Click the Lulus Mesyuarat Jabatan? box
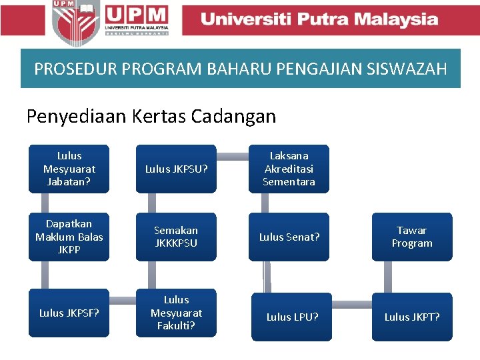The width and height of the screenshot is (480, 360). click(x=69, y=169)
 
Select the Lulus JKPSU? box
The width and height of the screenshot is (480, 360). click(x=176, y=169)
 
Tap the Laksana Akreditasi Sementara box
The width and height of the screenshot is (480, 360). click(x=289, y=169)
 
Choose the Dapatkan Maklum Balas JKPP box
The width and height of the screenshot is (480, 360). click(x=69, y=237)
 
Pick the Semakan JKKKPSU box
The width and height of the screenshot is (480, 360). click(x=176, y=237)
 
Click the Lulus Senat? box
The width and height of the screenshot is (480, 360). click(x=289, y=237)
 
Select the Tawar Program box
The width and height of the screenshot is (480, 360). click(x=412, y=237)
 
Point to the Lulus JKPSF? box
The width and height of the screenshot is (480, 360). click(x=69, y=313)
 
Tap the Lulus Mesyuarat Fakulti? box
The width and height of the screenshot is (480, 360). click(x=176, y=313)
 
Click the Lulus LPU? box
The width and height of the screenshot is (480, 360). click(x=292, y=317)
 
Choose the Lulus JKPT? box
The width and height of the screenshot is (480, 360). click(x=412, y=317)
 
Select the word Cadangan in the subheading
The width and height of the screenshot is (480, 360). click(x=233, y=117)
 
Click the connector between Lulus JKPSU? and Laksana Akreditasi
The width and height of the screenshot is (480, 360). click(x=233, y=157)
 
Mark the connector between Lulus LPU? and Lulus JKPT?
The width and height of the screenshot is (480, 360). click(x=351, y=305)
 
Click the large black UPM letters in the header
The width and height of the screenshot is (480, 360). click(x=136, y=14)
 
